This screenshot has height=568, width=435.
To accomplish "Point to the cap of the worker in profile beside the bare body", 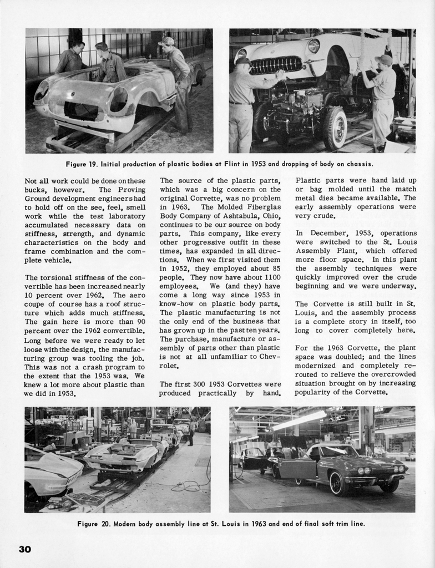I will pos(165,42).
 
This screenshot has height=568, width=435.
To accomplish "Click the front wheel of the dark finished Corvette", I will pos(338,483).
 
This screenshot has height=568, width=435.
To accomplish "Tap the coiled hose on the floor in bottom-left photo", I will pos(185,486).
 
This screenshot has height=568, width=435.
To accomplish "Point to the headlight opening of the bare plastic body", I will pos(119,99).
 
